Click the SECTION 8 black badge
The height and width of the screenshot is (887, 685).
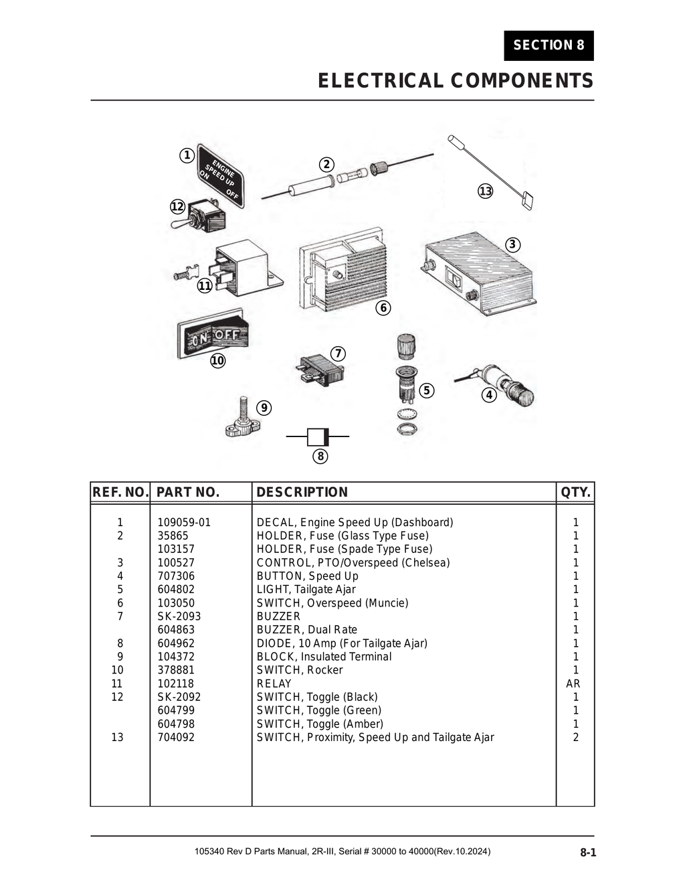coord(549,46)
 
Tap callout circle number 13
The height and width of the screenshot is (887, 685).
coord(485,191)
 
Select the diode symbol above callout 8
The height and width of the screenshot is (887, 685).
coord(318,437)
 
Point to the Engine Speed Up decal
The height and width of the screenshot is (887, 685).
coord(221,176)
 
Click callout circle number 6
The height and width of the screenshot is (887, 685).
coord(383,308)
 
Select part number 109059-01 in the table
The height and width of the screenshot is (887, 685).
coord(184,522)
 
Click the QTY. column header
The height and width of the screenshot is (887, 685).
coord(575,492)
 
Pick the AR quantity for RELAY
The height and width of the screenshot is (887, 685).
coord(573,683)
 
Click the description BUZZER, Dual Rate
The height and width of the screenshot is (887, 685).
coord(307,629)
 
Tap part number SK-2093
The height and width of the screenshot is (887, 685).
coord(179,616)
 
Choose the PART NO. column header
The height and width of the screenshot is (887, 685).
coord(188,492)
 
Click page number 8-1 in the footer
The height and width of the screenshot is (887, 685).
coord(587,853)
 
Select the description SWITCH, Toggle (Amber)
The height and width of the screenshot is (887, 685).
coord(320,724)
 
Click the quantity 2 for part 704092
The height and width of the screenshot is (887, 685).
coord(575,737)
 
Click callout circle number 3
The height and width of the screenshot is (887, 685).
coord(512,244)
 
